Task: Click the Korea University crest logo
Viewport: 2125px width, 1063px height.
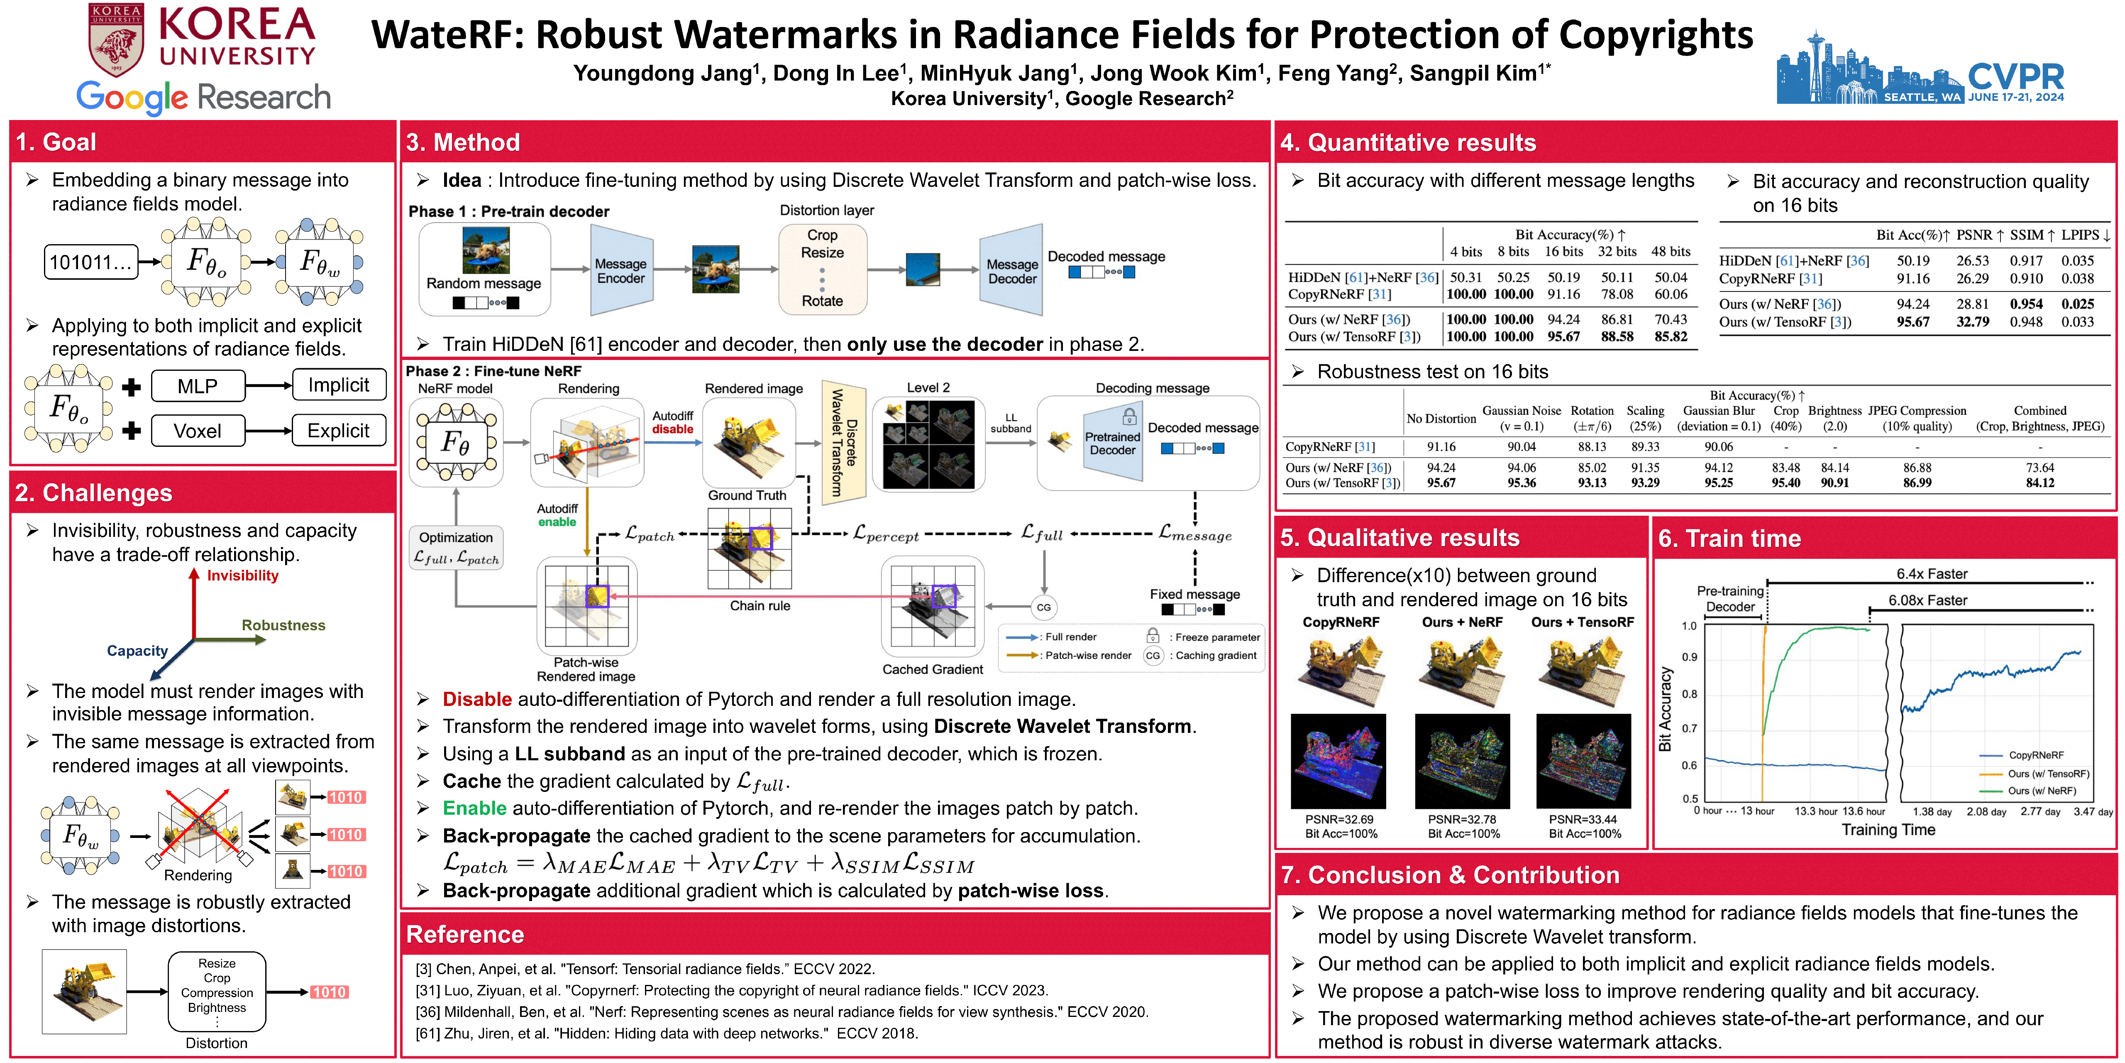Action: tap(116, 39)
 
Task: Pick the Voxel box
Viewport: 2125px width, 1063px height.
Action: tap(198, 431)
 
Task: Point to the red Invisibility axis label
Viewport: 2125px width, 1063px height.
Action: tap(242, 575)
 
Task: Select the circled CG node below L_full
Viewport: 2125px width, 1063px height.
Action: tap(1043, 607)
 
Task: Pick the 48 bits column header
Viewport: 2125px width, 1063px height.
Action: tap(1671, 252)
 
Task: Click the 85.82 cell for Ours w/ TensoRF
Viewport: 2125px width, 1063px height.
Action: tap(1671, 337)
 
